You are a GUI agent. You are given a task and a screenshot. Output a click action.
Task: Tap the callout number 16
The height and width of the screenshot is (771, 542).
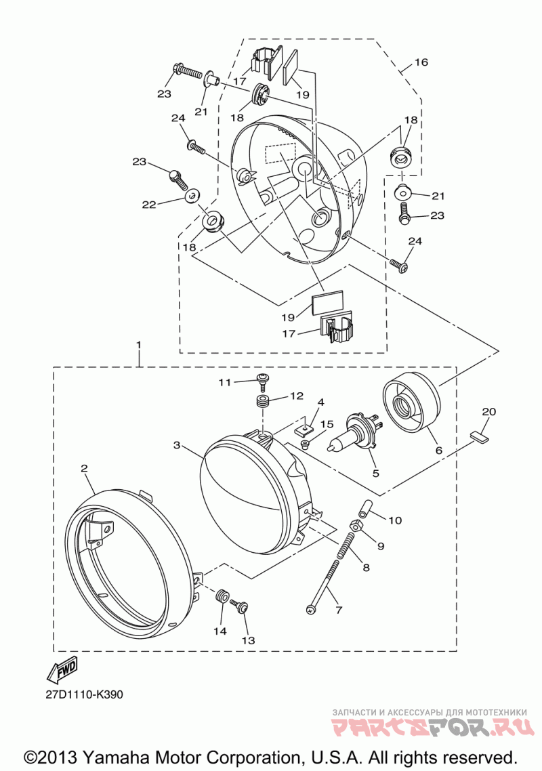pos(421,62)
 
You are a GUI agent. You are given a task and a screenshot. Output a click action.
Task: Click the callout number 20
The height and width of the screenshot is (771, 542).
pos(489,411)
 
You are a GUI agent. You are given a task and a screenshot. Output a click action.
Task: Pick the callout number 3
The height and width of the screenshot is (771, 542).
pos(178,446)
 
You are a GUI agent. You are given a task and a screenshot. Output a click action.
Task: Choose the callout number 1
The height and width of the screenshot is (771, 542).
pos(139,346)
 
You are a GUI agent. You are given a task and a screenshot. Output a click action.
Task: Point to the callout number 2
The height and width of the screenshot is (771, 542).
pos(85,469)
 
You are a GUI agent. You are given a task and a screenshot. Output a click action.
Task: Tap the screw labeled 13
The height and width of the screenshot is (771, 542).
pos(240,607)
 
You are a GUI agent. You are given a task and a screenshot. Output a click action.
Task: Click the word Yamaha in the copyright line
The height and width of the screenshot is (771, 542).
pos(116,757)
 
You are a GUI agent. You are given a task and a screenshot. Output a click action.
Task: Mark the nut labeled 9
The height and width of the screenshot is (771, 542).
pos(356,526)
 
